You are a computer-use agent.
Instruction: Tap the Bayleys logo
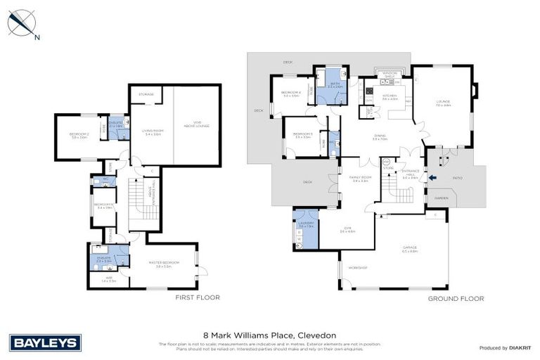pos(46,342)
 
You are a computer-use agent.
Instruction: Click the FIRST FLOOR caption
pos(197,297)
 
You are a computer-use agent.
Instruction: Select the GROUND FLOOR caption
pos(456,298)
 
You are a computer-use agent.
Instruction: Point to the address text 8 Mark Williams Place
pos(269,335)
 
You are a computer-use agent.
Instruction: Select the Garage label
pos(410,248)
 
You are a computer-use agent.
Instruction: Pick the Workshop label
pos(359,268)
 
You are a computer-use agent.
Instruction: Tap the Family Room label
pos(360,179)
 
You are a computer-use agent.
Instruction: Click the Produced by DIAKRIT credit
pos(505,347)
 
